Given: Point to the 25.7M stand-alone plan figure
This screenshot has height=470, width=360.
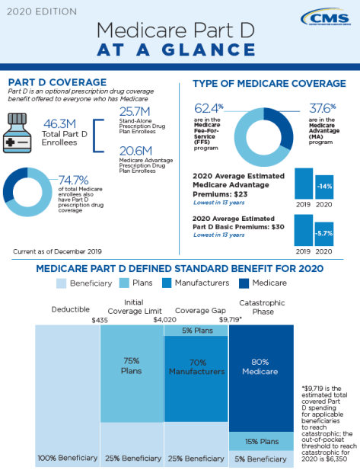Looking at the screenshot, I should coord(135,111).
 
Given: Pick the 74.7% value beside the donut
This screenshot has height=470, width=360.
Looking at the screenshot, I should coord(74,181).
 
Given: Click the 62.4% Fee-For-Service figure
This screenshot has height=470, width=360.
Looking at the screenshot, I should coord(210,107).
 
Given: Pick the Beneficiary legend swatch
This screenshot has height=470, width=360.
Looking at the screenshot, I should coord(62,283).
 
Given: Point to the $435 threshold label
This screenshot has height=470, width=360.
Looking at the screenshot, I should coord(100,321).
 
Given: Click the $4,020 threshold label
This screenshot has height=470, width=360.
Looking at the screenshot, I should coord(164,321).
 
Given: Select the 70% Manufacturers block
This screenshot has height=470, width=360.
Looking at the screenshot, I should coord(196,367).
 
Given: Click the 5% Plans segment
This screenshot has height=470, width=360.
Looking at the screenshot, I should coord(196,331).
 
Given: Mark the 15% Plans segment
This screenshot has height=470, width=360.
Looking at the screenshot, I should coord(261,441).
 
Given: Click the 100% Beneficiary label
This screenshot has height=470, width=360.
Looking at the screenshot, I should coord(68,458).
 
